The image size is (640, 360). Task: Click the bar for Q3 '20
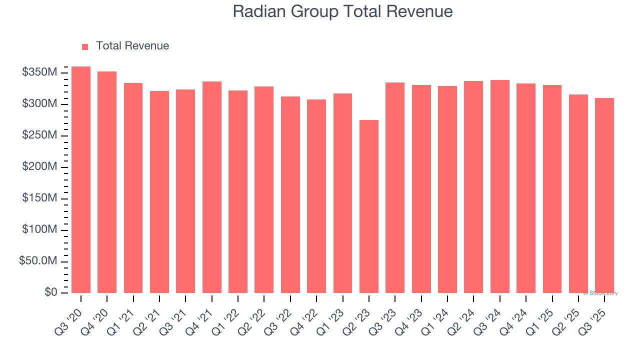coord(81,180)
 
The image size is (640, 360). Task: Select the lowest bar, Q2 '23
coord(369,206)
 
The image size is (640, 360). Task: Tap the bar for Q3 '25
coord(604,195)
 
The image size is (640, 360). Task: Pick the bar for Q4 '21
coord(212,187)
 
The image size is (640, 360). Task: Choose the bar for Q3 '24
coord(500,186)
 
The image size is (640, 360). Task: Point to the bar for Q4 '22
coord(316,196)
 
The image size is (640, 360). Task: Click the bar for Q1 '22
coord(238,191)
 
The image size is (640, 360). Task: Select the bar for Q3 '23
coord(395,187)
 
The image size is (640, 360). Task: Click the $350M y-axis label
coord(39,73)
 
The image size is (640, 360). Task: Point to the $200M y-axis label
coord(39,167)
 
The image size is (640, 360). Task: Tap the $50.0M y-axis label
coord(38,261)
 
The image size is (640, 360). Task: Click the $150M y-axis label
coord(39,198)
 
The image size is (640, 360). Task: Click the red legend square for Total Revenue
coord(85,46)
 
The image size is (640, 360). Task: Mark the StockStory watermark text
coord(600,293)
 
